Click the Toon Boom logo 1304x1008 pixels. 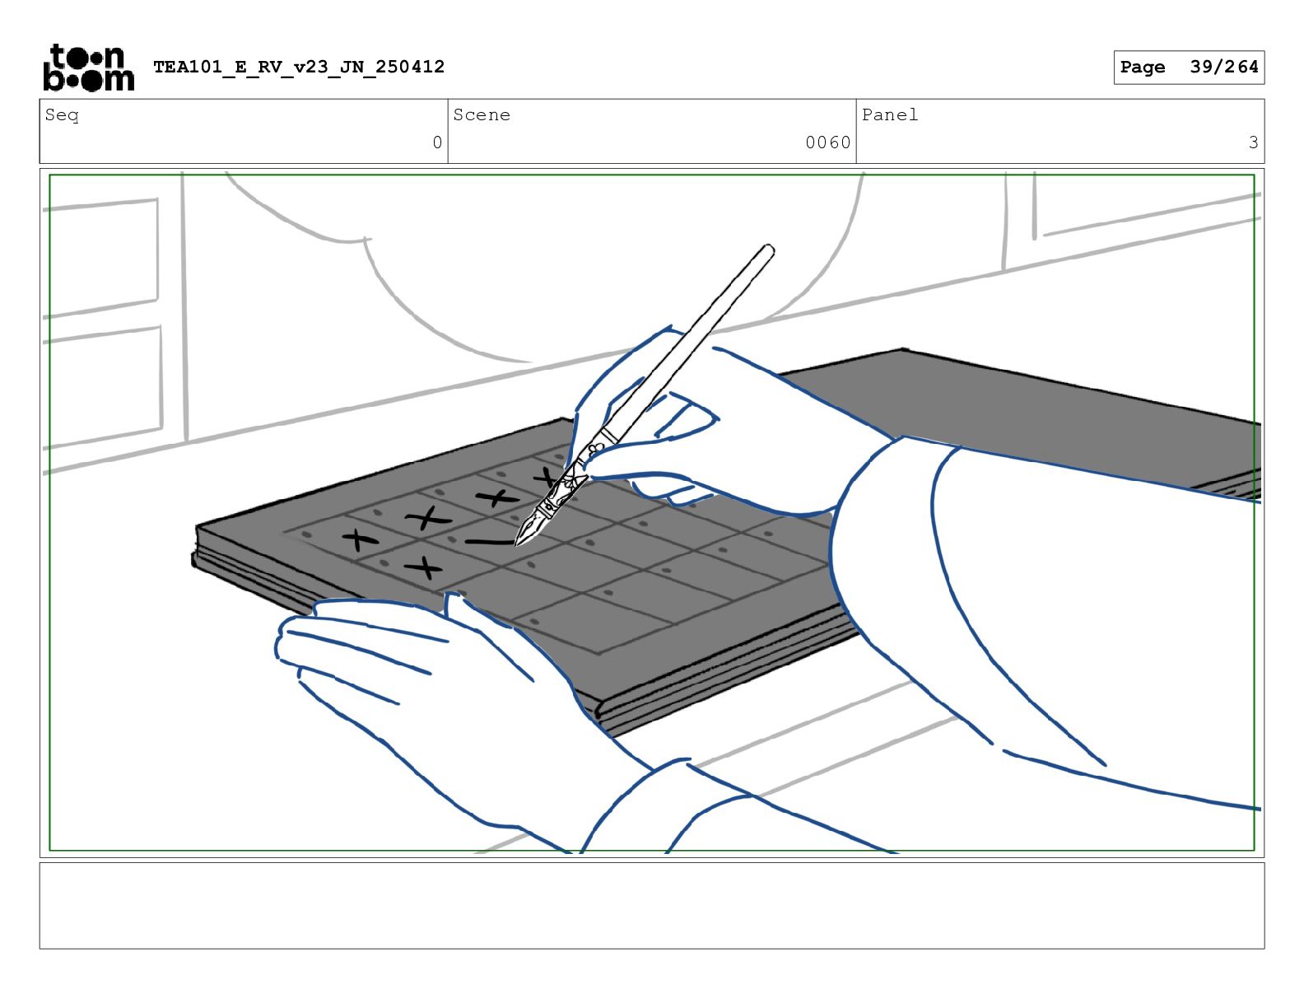point(89,68)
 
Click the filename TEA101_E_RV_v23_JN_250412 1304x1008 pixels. point(299,67)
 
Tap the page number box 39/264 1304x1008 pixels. point(1189,68)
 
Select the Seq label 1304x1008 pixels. point(62,114)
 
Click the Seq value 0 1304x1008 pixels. point(437,142)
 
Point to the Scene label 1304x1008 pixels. point(482,114)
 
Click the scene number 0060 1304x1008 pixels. point(827,142)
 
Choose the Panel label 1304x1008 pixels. point(889,114)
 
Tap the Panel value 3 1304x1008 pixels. point(1253,142)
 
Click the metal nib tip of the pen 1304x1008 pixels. point(517,544)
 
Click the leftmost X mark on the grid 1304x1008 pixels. point(360,539)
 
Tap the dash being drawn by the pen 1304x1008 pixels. point(490,542)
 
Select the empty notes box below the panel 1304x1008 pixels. point(652,905)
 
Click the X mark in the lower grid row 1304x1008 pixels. point(424,567)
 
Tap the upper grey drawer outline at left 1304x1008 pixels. point(102,258)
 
